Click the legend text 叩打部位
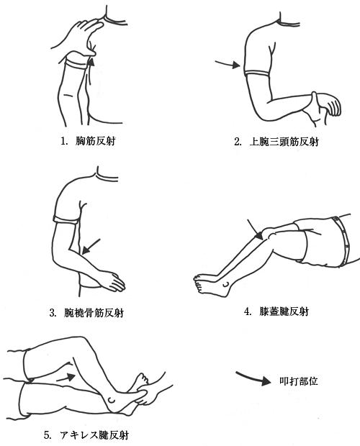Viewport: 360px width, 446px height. pos(299,381)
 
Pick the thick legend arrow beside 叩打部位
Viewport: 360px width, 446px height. pos(253,378)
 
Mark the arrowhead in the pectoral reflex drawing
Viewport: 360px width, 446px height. pos(91,62)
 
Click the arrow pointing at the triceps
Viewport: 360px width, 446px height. pos(228,64)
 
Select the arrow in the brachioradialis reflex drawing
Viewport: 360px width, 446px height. pos(91,246)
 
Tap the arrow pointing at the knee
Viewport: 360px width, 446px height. pos(255,229)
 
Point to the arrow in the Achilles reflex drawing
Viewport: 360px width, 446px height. pos(66,378)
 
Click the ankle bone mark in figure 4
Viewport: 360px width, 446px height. pos(226,284)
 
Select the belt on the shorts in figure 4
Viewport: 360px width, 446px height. pos(343,241)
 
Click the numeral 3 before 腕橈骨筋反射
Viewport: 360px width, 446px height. pos(53,313)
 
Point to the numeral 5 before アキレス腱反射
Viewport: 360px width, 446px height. pos(48,435)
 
